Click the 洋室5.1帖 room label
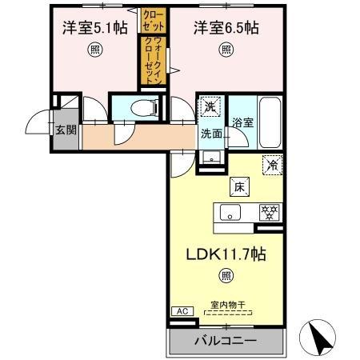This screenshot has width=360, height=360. pyautogui.click(x=94, y=28)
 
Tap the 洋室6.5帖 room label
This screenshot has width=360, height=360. pyautogui.click(x=226, y=28)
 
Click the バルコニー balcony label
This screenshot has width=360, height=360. pyautogui.click(x=226, y=341)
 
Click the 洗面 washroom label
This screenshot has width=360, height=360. pyautogui.click(x=211, y=134)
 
